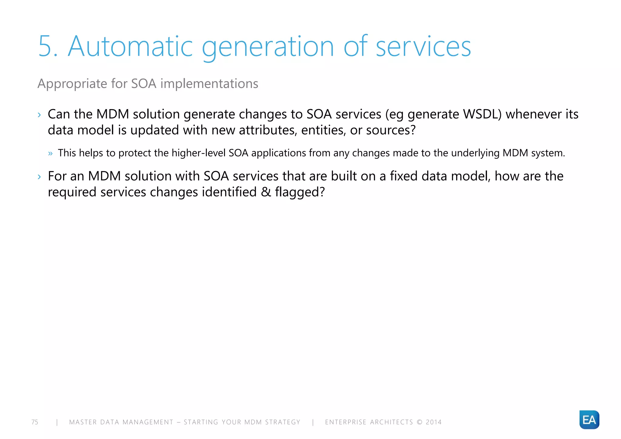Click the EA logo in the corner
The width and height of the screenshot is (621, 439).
tap(589, 420)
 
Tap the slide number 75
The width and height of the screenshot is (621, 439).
tap(35, 422)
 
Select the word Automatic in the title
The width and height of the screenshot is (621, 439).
tap(130, 46)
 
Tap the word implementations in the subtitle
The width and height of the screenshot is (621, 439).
tap(209, 84)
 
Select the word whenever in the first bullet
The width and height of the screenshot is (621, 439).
tap(533, 114)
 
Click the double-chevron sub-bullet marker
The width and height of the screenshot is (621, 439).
tap(50, 153)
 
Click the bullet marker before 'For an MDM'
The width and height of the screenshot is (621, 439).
tap(39, 176)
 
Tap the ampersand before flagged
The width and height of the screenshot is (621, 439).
tap(266, 192)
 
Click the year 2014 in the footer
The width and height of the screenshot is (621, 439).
tap(434, 422)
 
